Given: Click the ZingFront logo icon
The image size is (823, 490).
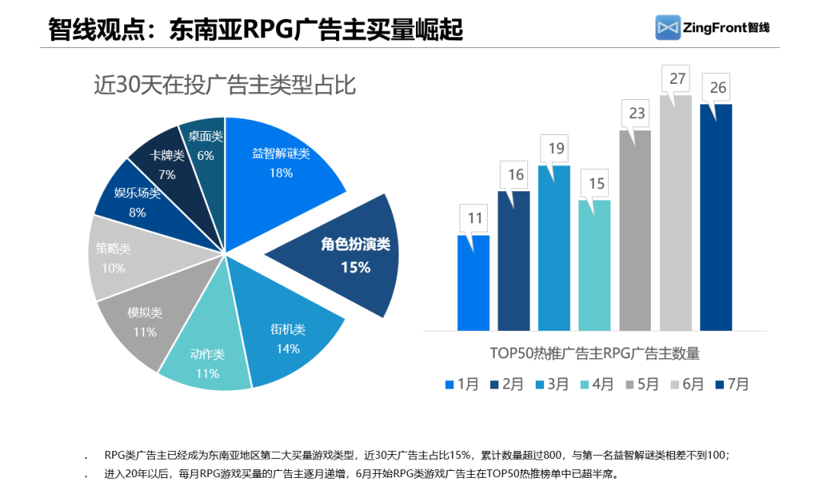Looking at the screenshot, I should [668, 27].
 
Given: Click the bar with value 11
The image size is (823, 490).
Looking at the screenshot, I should [473, 283].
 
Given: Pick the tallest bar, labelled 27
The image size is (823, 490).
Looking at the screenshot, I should [676, 213].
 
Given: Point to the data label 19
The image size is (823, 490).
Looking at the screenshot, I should [555, 149].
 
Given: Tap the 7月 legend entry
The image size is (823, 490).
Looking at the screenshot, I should [731, 384].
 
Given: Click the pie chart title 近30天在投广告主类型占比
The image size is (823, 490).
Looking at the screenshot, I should [224, 85].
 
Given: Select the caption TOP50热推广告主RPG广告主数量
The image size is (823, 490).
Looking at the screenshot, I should [594, 353].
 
